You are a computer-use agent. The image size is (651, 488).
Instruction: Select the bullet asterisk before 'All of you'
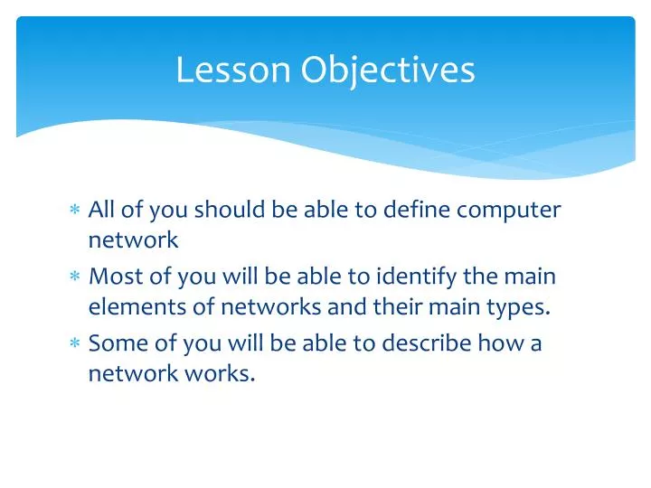tap(75, 211)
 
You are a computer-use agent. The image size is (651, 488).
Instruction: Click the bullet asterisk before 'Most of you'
tap(75, 277)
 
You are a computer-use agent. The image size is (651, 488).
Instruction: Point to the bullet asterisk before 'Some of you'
tap(75, 344)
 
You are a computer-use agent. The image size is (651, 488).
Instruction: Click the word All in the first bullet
tap(102, 210)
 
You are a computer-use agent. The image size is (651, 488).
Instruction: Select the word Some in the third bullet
tap(114, 344)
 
